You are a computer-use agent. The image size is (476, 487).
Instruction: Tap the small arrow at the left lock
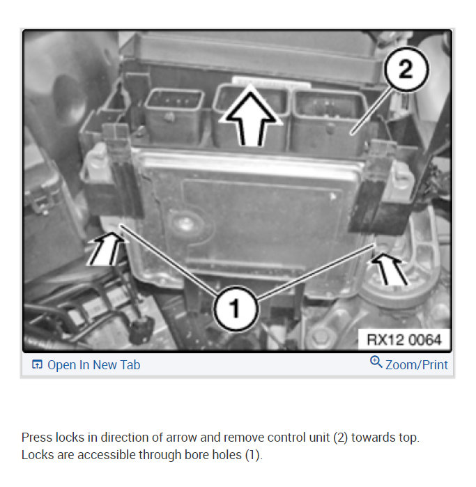109,249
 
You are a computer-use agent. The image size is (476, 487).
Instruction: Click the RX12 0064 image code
404,339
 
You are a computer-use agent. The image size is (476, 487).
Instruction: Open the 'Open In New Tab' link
93,365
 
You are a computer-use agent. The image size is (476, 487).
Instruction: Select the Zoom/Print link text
417,364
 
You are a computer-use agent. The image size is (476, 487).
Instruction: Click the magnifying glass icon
376,362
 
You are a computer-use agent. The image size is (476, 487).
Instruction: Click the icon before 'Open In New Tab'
38,365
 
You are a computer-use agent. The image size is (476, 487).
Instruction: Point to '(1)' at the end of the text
252,455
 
